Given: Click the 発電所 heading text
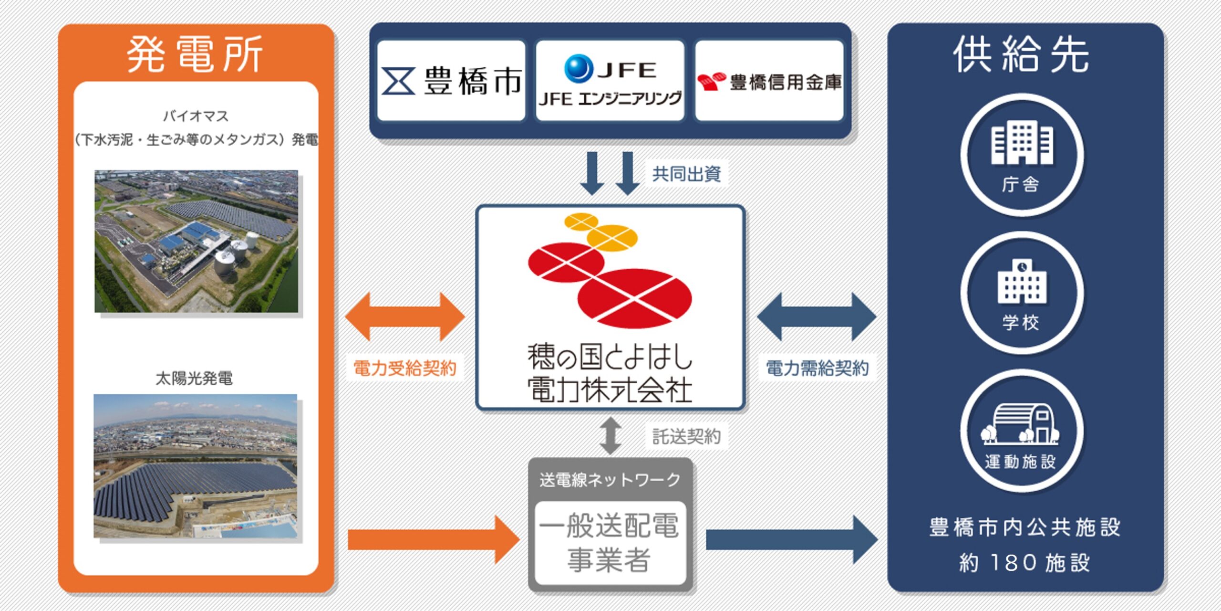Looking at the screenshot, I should click(195, 54).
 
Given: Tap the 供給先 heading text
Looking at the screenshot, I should click(1021, 54).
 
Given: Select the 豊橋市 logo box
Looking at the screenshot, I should click(451, 81).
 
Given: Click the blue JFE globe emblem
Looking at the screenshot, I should click(578, 68).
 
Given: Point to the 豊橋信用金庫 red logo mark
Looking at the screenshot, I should click(711, 82).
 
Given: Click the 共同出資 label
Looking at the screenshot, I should click(686, 174).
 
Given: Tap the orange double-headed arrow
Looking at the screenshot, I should click(404, 316).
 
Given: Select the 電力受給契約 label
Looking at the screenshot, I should click(404, 368).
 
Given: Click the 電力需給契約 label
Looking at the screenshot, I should click(817, 368).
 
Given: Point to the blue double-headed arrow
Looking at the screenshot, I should click(817, 316).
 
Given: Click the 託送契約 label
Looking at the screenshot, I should click(686, 436).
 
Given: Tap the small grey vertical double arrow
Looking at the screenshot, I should click(610, 436).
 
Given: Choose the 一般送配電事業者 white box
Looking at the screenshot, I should click(610, 543).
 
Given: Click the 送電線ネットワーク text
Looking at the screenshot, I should click(610, 480).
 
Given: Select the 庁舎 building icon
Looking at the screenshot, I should click(1022, 143).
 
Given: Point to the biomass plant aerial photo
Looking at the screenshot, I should click(197, 242).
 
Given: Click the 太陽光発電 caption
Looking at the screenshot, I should click(194, 379).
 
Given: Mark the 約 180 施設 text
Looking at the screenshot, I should click(1024, 563).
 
